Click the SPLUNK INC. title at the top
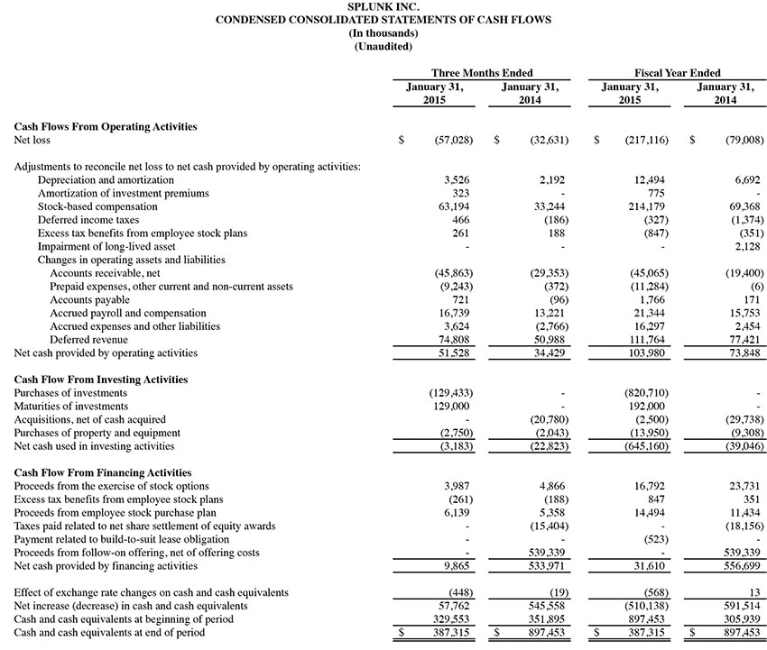pos(383,6)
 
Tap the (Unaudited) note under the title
pos(383,46)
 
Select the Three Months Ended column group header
pos(482,73)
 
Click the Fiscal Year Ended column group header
pos(677,73)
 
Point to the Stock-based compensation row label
pos(97,206)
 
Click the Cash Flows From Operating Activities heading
pos(106,127)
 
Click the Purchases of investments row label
pos(70,393)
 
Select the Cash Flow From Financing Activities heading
pos(103,472)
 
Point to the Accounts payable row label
pos(90,299)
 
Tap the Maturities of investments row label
pos(70,407)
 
